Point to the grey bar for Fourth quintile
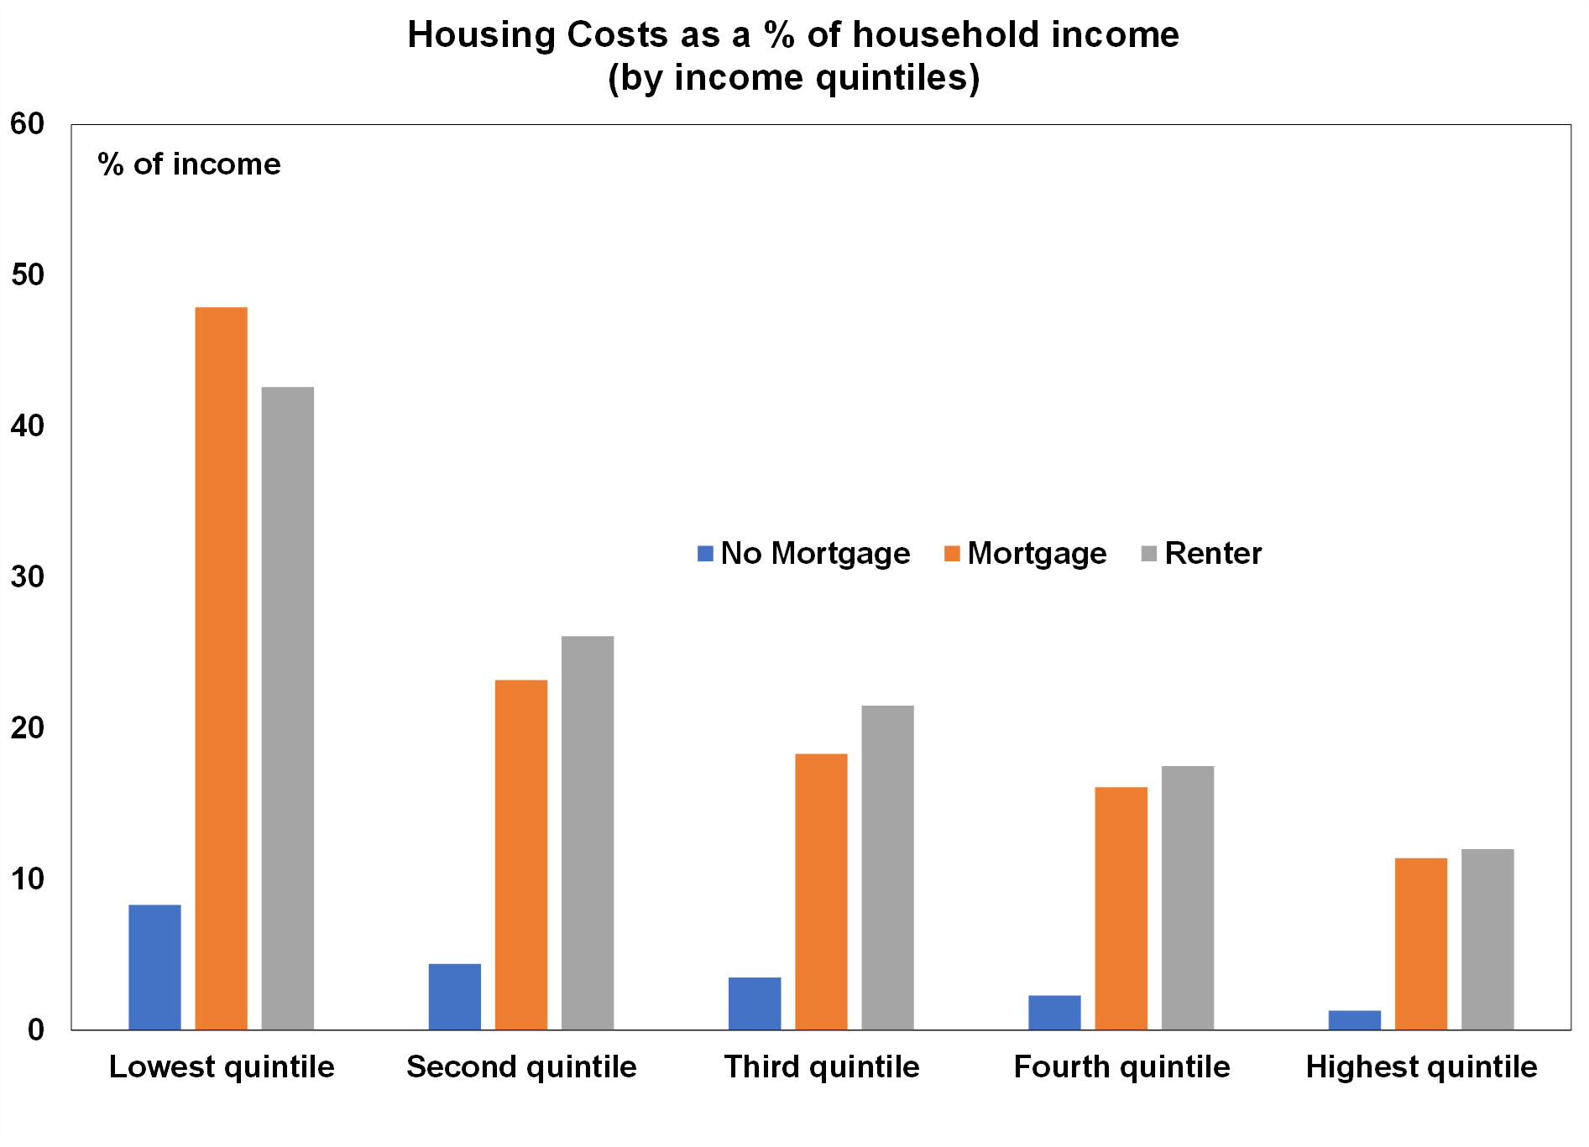pos(1187,897)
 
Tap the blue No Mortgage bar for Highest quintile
pos(1354,1019)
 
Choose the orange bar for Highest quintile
pos(1420,943)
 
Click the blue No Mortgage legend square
pos(705,554)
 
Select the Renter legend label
pos(1213,554)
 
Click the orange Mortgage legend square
pos(952,554)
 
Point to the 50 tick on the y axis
pos(27,275)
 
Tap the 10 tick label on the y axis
pos(27,879)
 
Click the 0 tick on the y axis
pos(35,1030)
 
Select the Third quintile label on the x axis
pos(821,1067)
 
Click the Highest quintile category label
pos(1421,1067)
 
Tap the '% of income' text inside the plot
pos(189,164)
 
